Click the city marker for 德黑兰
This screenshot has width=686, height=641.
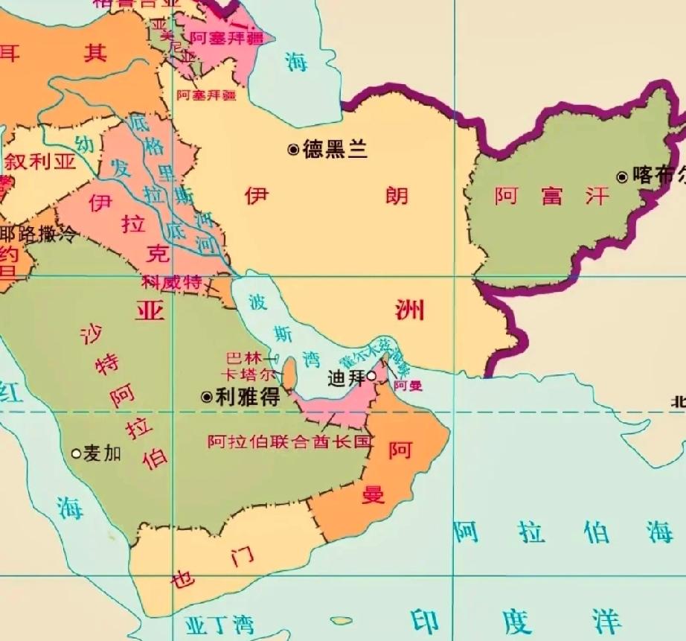click(293, 150)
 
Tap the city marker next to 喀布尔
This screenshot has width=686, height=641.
click(622, 176)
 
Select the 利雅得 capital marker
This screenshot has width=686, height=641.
click(207, 397)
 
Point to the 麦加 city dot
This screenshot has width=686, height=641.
click(76, 453)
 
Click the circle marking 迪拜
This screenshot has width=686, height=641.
click(371, 376)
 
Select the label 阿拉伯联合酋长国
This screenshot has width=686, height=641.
click(289, 441)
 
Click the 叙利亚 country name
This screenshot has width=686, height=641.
click(40, 162)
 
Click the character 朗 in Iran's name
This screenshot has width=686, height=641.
click(396, 196)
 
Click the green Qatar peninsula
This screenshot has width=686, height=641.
click(290, 373)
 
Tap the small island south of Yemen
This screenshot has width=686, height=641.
click(341, 620)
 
